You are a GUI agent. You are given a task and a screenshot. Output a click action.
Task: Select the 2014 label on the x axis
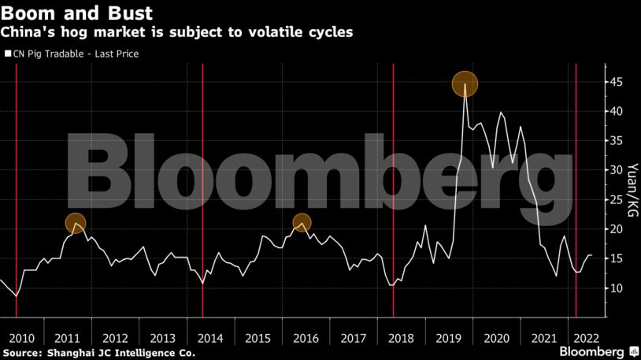click(x=210, y=338)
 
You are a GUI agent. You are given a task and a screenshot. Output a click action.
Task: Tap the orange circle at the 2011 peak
click(x=75, y=224)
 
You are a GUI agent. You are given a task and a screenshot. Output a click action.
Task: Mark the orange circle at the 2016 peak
click(x=302, y=223)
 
